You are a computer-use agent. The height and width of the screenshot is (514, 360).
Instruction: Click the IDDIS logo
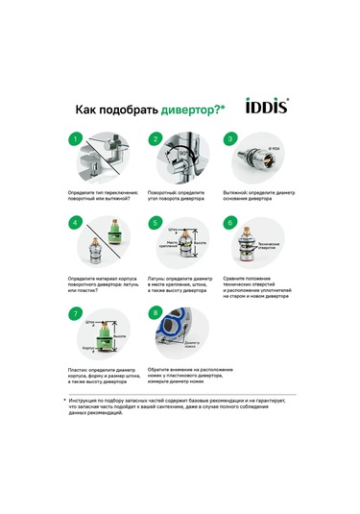click(x=268, y=109)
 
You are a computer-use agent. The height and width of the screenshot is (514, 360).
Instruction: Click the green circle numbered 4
click(x=76, y=223)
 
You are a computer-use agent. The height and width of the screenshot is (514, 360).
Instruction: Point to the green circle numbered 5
click(x=155, y=223)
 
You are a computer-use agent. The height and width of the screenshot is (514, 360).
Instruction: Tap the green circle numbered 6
click(x=229, y=223)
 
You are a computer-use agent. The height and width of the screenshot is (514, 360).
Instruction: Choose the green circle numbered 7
click(x=76, y=314)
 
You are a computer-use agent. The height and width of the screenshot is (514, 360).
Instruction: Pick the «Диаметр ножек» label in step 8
click(x=193, y=344)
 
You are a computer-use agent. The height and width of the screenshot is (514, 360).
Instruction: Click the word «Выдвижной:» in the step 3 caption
click(x=235, y=191)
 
